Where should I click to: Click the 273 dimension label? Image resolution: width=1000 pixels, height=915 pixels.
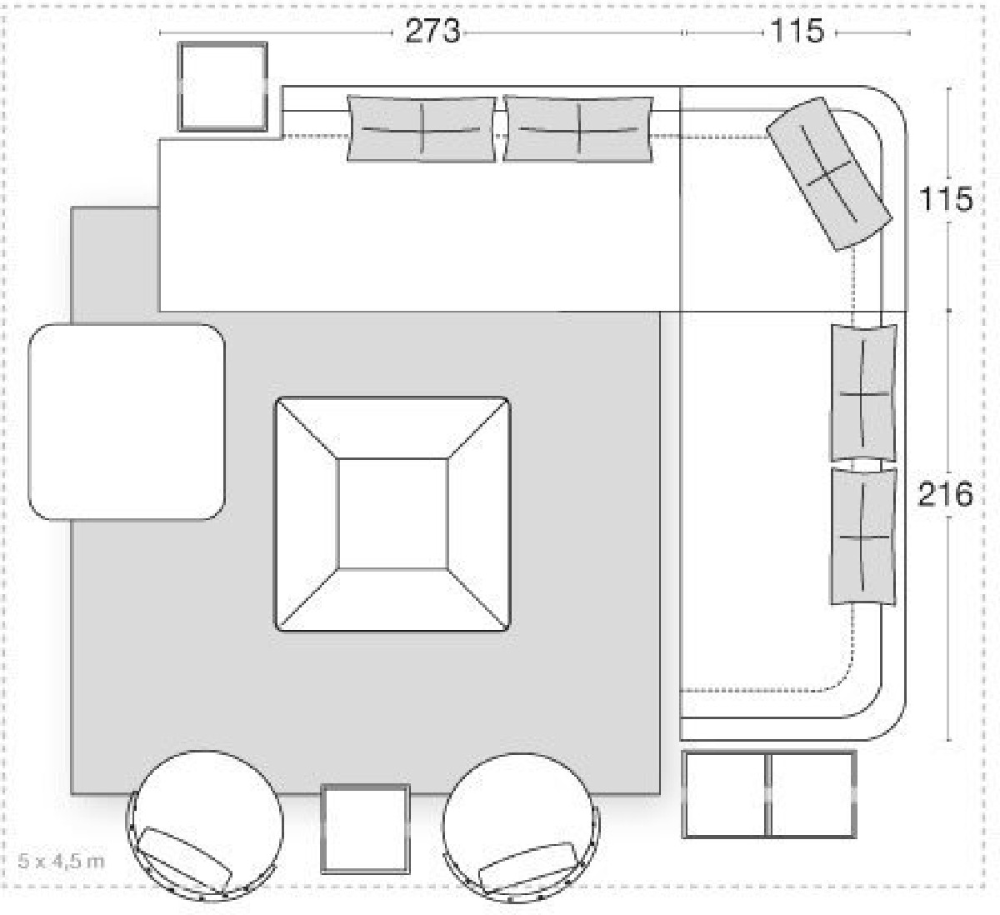tap(432, 32)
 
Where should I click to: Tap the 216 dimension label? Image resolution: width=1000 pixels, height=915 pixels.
tap(945, 494)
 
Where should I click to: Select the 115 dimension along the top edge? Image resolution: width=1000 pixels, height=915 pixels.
tap(797, 31)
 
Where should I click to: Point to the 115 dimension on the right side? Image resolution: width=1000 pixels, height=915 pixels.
tap(945, 199)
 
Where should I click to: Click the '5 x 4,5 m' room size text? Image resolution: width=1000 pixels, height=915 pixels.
tap(62, 861)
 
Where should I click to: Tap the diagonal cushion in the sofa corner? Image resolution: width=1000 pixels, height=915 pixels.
tap(829, 173)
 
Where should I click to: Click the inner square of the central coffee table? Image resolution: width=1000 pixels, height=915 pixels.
tap(392, 513)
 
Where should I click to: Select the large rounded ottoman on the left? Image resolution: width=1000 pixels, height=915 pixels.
tap(127, 422)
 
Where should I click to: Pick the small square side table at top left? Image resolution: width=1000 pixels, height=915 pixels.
tap(222, 87)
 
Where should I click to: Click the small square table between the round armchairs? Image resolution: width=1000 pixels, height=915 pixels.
tap(365, 828)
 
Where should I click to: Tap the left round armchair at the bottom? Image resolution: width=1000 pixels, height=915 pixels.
tap(205, 826)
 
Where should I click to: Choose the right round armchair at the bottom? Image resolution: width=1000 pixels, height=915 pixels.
tap(521, 827)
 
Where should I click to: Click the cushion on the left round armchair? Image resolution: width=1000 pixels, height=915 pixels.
tap(184, 858)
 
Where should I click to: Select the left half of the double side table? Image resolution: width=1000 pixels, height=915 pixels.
tap(724, 795)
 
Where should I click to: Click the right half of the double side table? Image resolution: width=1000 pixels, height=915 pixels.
tap(812, 795)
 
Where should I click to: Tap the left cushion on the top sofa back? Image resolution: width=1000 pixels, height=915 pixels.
tap(422, 129)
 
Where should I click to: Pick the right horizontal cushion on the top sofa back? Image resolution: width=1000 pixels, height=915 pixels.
tap(578, 129)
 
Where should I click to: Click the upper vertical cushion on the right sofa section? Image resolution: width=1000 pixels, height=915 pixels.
tap(863, 393)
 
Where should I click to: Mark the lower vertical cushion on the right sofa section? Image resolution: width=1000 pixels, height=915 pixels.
tap(863, 537)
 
